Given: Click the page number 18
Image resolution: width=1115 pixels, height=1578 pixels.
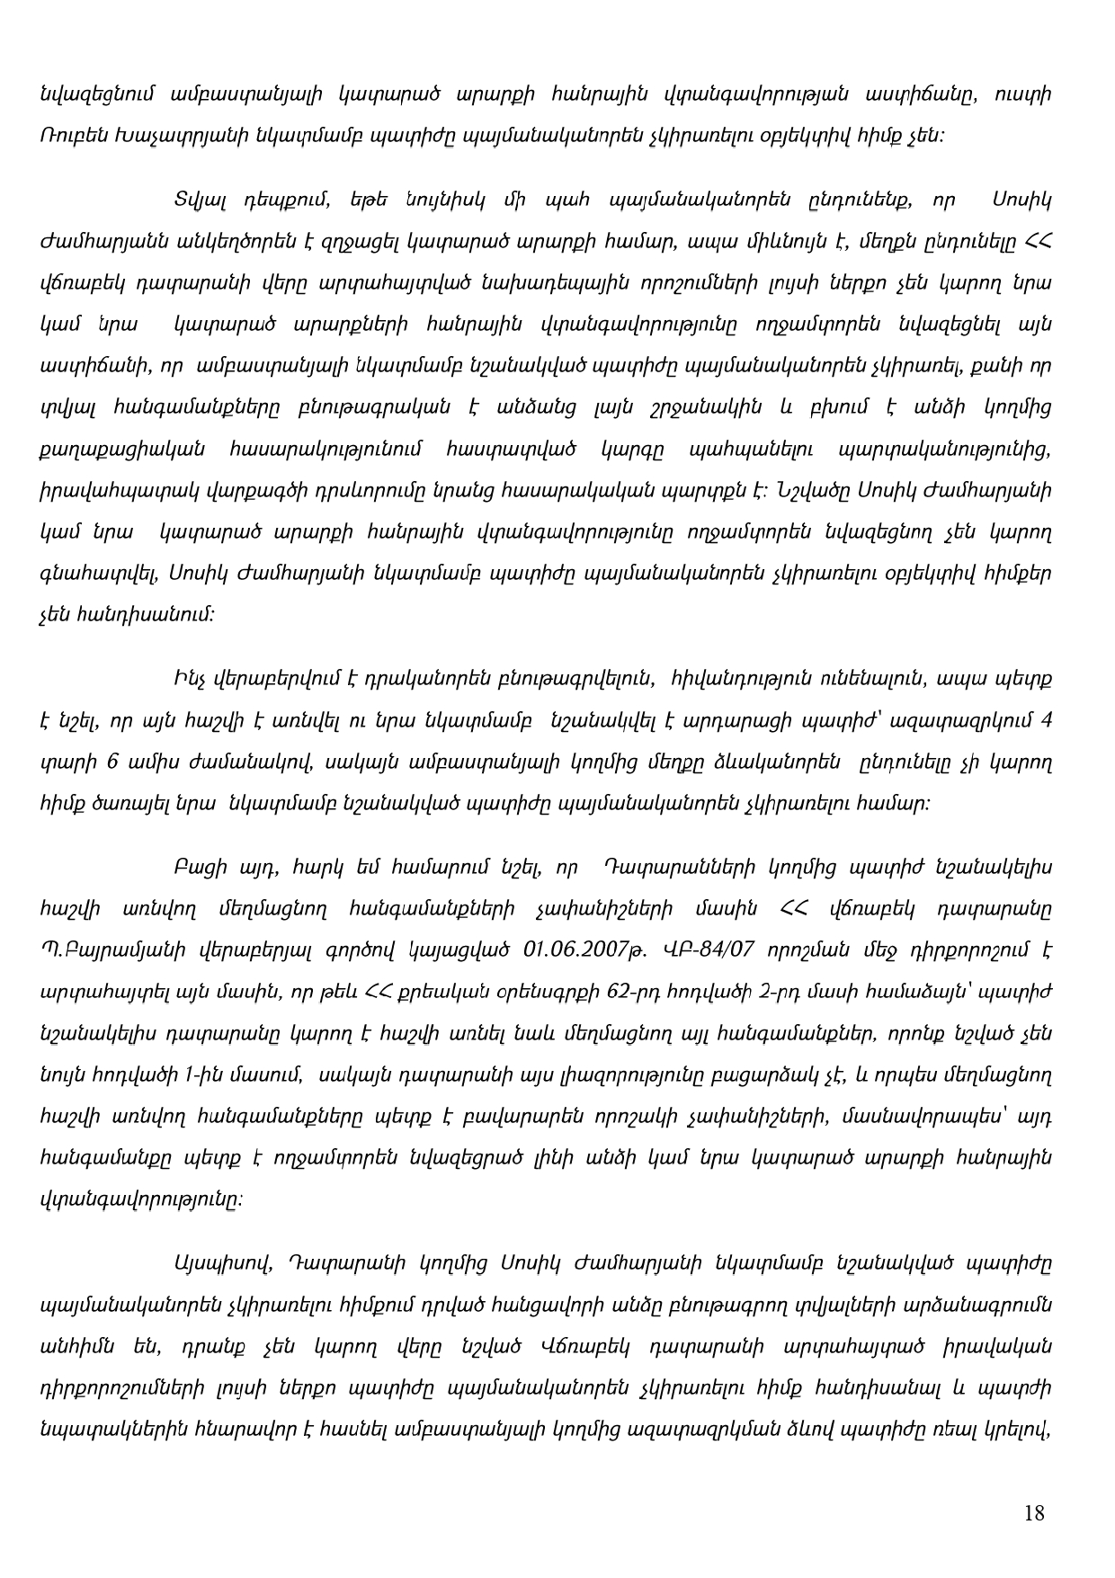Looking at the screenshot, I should tap(1034, 1512).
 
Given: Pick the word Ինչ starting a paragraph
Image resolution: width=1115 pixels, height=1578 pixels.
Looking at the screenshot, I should tap(188, 679).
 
